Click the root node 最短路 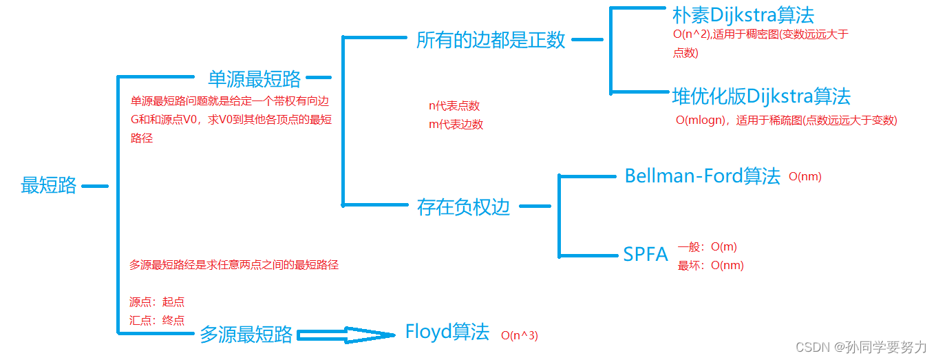49,185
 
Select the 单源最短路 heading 254,78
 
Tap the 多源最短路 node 246,335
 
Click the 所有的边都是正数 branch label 491,40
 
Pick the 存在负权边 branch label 463,207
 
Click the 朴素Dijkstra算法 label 743,15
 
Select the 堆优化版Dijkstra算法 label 761,96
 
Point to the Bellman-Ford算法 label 702,176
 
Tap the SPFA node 646,255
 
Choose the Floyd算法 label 447,332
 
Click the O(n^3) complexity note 519,336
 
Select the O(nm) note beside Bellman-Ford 805,177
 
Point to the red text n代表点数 454,106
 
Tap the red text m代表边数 456,125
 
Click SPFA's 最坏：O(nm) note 710,265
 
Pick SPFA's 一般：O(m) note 707,247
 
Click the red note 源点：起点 157,301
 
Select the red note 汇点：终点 157,319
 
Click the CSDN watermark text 861,347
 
